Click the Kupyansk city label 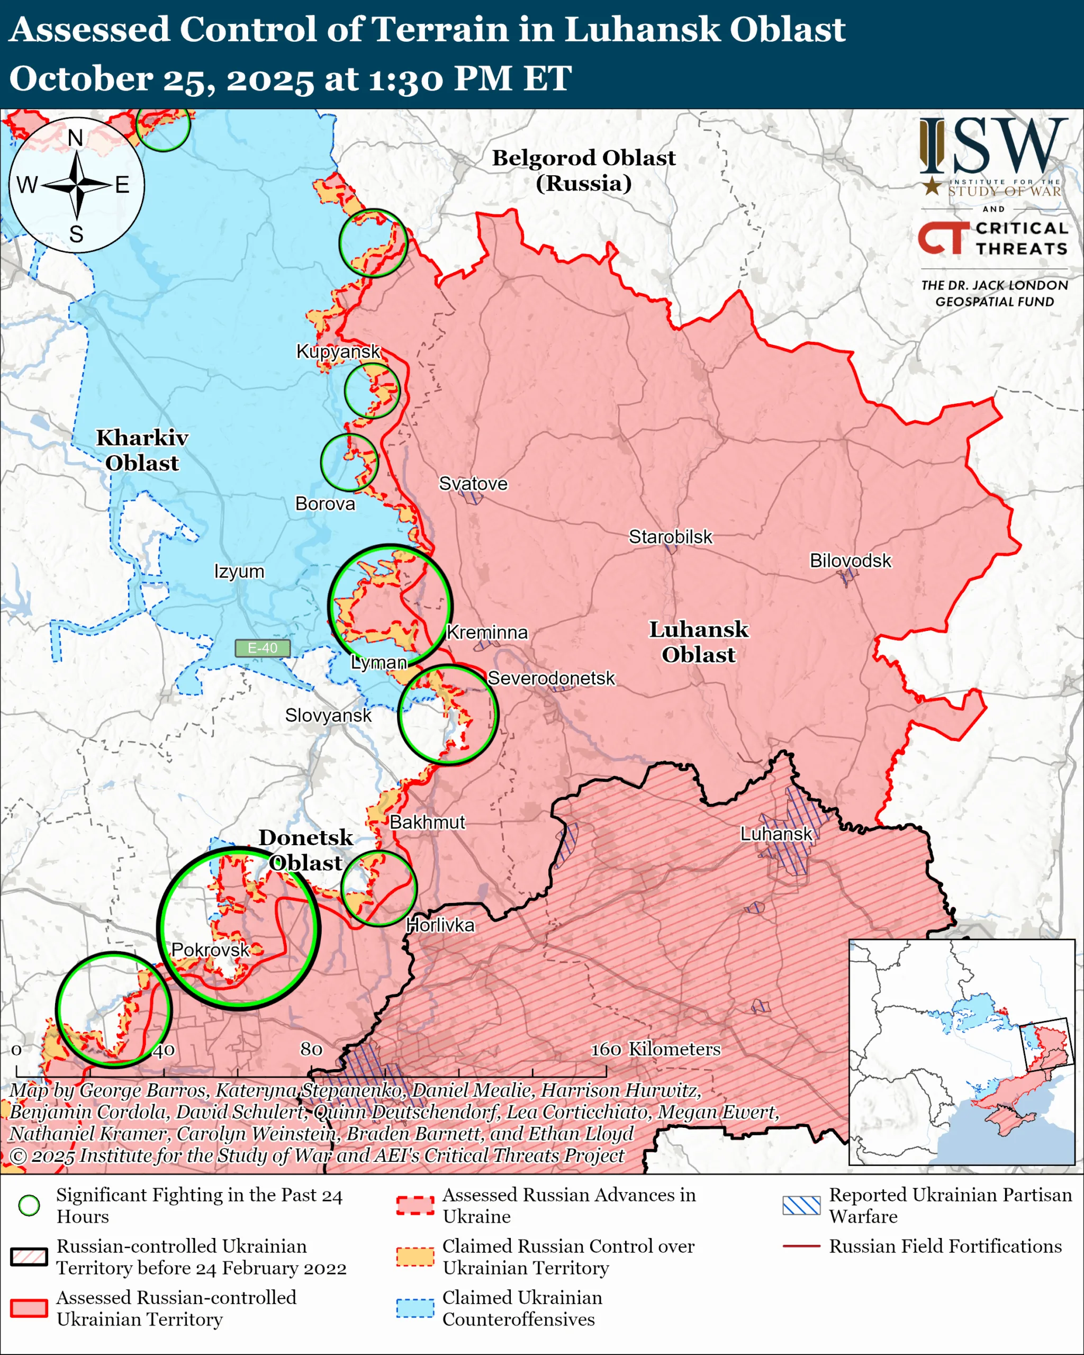coord(338,351)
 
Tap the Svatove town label coord(473,483)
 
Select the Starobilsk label coord(671,537)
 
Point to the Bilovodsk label coord(850,561)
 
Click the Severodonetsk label coord(551,678)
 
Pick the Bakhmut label coord(427,822)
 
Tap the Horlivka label coord(440,925)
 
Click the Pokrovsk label coord(211,950)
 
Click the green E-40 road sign coord(262,648)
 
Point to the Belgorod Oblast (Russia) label coord(583,170)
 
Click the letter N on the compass coord(75,138)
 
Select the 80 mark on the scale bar coord(311,1049)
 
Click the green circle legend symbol coord(29,1205)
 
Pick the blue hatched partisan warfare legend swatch coord(801,1205)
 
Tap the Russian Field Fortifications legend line coord(801,1245)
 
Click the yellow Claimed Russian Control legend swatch coord(415,1257)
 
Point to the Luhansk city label coord(776,834)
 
